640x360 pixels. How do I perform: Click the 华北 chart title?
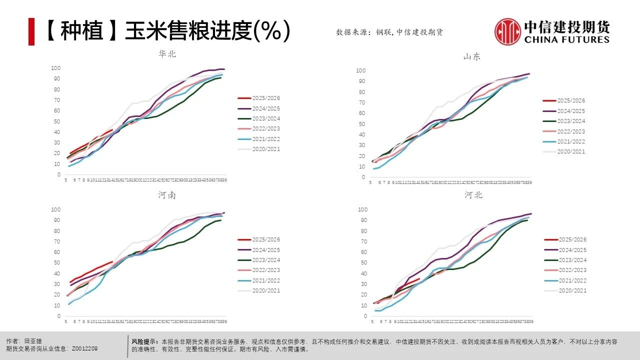(167, 54)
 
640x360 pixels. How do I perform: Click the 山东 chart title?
(472, 56)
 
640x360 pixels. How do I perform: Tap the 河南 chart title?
(167, 195)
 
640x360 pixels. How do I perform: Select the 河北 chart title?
(473, 195)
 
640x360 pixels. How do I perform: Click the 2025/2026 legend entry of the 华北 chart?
(265, 98)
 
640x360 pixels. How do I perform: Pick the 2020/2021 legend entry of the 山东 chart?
(570, 151)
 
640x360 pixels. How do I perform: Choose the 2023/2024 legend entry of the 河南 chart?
(265, 260)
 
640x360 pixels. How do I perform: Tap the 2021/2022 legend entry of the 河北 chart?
(572, 280)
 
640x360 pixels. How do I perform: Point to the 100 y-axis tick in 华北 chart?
(55, 68)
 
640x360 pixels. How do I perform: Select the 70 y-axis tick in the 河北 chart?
(363, 241)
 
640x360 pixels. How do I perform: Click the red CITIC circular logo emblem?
(507, 31)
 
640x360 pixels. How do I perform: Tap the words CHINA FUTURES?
(567, 39)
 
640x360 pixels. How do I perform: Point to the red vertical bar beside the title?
(31, 31)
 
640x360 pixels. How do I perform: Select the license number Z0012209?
(85, 348)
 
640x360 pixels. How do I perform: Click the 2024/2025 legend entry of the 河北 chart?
(572, 250)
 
